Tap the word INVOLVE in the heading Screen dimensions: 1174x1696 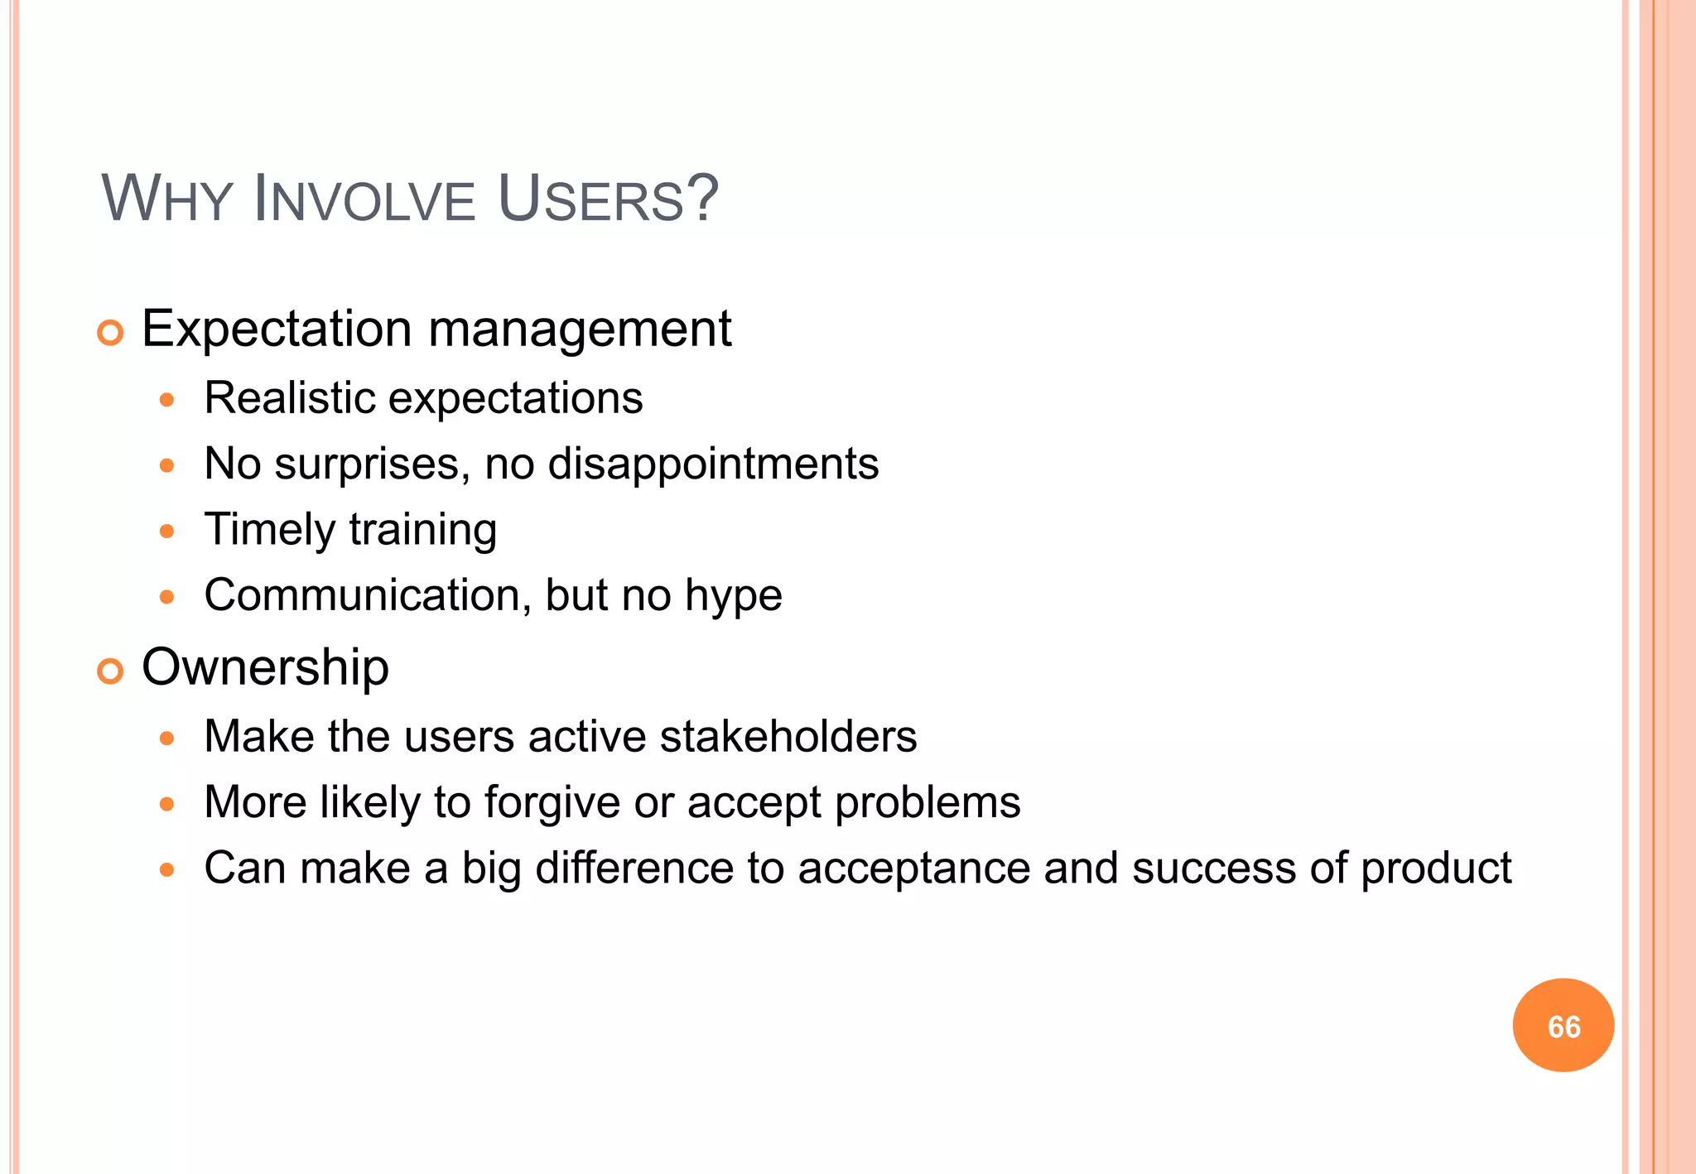point(364,199)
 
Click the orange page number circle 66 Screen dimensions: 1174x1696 point(1563,1025)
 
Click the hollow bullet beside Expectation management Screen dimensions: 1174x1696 point(110,333)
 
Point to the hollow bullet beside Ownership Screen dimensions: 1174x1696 point(110,671)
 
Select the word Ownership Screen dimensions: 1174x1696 point(265,667)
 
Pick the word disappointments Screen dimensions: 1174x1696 point(713,464)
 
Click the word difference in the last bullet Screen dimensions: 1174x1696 point(634,868)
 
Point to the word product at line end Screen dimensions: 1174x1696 point(1436,869)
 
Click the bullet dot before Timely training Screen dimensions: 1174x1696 point(167,531)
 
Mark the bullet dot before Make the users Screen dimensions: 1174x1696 point(167,738)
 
